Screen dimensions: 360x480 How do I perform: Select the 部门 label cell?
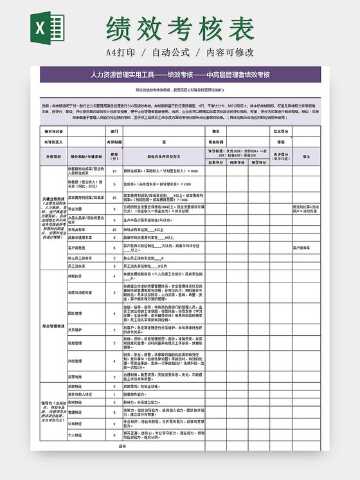114,131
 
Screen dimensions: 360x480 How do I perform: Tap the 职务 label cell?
216,131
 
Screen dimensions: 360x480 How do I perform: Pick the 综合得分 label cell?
281,131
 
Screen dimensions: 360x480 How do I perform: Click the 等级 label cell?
281,141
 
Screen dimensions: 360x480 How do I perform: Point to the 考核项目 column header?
53,156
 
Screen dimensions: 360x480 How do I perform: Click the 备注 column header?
307,156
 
